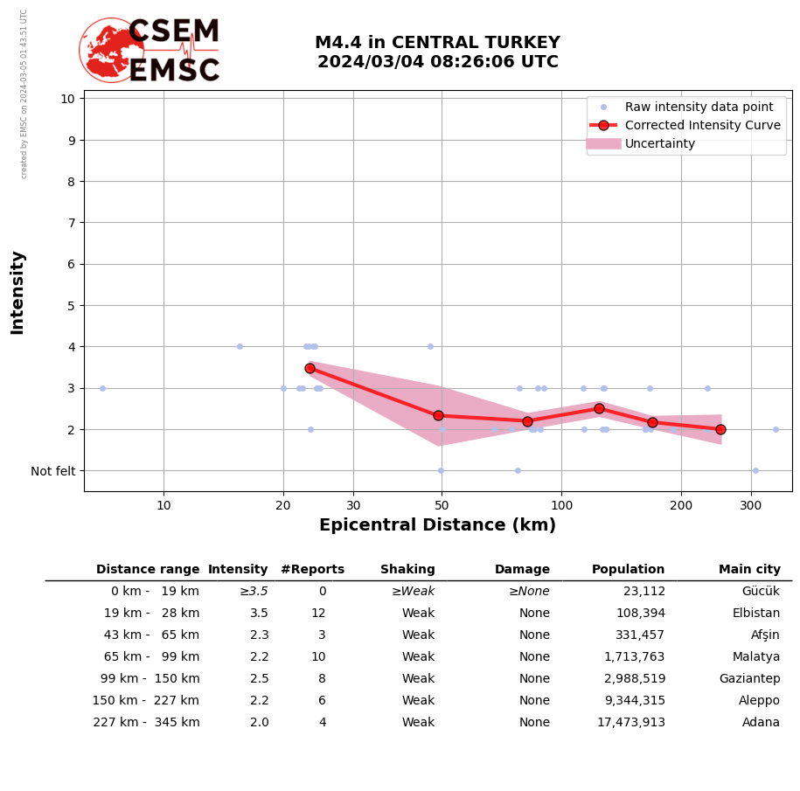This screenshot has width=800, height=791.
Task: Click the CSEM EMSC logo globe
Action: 111,51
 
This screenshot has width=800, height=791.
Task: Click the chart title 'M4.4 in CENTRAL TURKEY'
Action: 437,43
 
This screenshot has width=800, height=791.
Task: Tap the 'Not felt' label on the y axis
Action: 53,471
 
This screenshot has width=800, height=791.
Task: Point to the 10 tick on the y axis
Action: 67,99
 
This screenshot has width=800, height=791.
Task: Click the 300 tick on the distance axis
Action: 751,505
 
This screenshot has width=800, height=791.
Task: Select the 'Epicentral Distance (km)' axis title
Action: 437,525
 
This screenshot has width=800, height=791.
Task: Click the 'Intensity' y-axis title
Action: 17,292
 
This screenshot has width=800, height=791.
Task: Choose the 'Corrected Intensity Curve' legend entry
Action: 703,125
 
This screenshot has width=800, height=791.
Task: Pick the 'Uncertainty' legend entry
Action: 660,143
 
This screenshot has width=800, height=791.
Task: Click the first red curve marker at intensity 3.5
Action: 310,368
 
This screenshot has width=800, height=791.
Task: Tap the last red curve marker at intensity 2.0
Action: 720,429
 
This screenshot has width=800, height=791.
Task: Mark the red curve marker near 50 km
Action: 438,415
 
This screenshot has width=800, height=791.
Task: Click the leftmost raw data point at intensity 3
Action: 102,388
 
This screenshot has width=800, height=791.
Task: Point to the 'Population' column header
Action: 628,570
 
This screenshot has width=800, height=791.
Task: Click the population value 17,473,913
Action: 631,723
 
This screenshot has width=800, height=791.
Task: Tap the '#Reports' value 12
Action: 318,614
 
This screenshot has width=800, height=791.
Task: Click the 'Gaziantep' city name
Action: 749,679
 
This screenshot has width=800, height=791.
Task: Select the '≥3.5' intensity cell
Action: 254,592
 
